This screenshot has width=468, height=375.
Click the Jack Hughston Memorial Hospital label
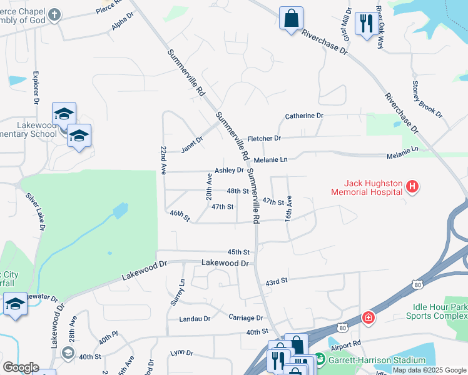click(x=373, y=188)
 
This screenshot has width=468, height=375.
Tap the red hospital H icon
click(x=412, y=186)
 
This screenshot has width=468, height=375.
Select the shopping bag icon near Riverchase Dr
click(x=292, y=18)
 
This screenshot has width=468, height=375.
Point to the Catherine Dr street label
click(x=304, y=116)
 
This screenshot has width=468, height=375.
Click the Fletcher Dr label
click(x=264, y=138)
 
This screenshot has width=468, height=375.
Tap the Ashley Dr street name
click(x=229, y=170)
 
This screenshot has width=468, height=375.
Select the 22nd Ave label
click(x=163, y=160)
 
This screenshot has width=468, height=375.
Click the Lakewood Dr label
click(x=225, y=264)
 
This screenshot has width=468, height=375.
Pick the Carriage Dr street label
click(x=245, y=317)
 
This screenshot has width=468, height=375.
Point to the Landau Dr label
click(x=194, y=319)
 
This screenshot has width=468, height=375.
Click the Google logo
click(x=21, y=367)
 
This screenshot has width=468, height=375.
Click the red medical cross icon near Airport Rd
click(x=369, y=317)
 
